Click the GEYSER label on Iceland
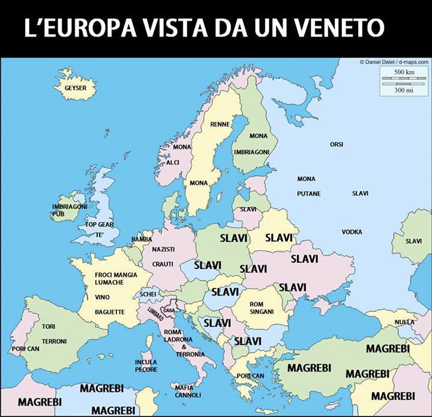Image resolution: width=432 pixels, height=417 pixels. tap(76, 88)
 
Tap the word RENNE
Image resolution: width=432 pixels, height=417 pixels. tap(220, 124)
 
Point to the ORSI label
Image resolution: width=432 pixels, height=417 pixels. tap(337, 144)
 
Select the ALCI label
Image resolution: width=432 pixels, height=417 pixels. tap(173, 163)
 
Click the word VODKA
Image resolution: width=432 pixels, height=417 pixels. tap(352, 232)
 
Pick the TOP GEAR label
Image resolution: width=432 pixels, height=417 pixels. tap(99, 224)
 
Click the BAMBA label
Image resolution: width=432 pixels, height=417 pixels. tap(142, 239)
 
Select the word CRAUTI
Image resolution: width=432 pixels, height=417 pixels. tap(163, 264)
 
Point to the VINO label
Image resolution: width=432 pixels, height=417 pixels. tap(102, 297)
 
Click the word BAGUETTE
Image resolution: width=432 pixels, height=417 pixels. tap(110, 312)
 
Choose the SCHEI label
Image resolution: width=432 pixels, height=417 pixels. tap(148, 295)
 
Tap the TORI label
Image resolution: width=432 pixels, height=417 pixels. tap(49, 326)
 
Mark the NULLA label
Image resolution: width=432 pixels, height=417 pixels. tap(404, 322)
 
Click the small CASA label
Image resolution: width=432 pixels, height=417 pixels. tap(169, 310)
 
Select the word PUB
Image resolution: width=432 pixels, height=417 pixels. tap(58, 214)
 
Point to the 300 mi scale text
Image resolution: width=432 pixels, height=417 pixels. tap(404, 90)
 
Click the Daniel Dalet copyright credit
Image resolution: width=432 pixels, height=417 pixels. tap(394, 61)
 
